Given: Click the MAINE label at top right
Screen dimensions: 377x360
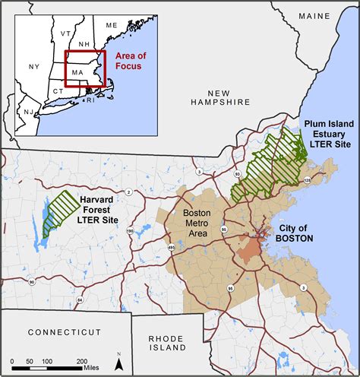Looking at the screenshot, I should [320, 16].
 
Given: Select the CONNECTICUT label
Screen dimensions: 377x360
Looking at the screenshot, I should [64, 333].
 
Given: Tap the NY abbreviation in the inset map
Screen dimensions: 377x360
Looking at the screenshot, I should [33, 67].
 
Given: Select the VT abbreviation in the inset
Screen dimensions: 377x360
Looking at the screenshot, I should [65, 33].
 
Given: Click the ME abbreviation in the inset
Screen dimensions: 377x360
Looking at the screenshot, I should [112, 26].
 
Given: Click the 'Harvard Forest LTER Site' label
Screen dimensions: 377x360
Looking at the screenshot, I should [97, 208].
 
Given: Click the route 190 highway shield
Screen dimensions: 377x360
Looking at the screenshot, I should [130, 230].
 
